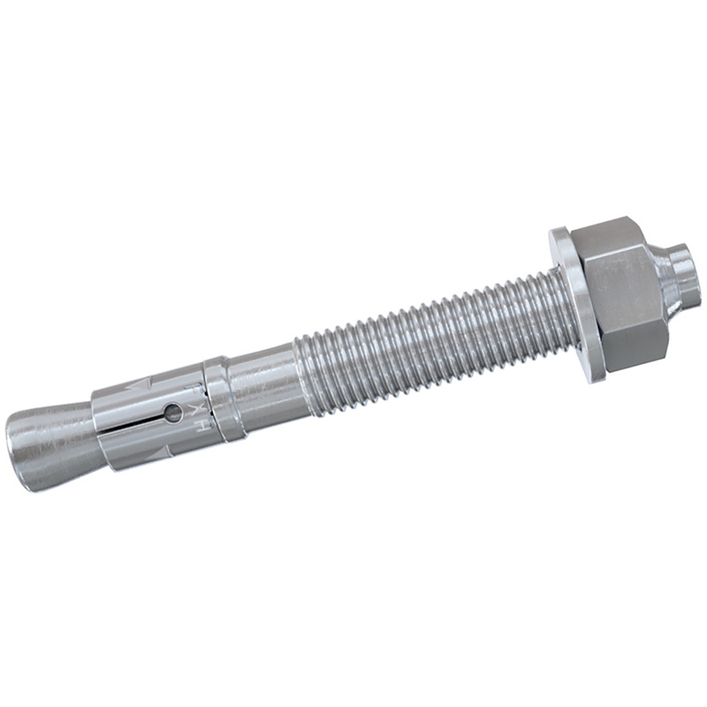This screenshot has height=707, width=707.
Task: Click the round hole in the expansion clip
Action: pos(174,411)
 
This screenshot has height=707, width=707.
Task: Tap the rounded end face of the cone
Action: pos(22,455)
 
